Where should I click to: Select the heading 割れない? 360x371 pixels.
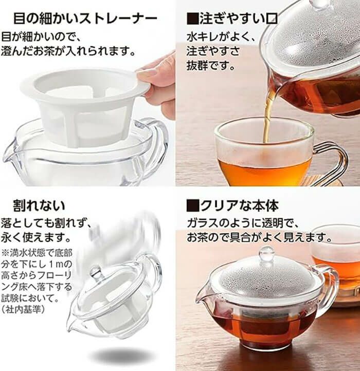pyautogui.click(x=39, y=205)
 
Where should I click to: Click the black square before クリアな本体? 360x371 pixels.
pyautogui.click(x=192, y=206)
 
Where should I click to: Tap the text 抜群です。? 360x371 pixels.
pyautogui.click(x=210, y=65)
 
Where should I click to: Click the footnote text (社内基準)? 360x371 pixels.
pyautogui.click(x=23, y=309)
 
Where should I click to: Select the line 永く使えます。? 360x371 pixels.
pyautogui.click(x=36, y=237)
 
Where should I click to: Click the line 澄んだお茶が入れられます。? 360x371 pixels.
pyautogui.click(x=68, y=51)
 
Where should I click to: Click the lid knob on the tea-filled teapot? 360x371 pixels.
pyautogui.click(x=267, y=253)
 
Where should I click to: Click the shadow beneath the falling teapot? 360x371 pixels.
pyautogui.click(x=121, y=355)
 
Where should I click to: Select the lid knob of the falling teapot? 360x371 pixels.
pyautogui.click(x=96, y=272)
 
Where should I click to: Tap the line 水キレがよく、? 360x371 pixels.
pyautogui.click(x=221, y=37)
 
